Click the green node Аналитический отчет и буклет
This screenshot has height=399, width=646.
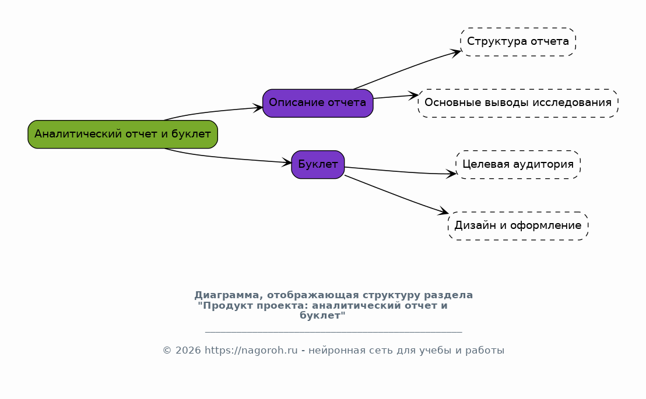click(122, 134)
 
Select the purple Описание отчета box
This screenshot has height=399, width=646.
click(318, 103)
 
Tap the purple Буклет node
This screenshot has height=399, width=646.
click(318, 165)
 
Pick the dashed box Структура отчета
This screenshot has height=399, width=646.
click(518, 42)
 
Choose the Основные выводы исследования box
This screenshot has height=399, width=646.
click(518, 103)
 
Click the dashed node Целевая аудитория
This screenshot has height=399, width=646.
click(518, 165)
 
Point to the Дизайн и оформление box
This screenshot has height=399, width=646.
click(518, 226)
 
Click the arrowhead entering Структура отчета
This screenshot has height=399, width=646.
click(456, 52)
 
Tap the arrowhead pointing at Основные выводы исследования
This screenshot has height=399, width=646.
click(413, 96)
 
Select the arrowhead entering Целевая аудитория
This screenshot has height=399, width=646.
click(451, 174)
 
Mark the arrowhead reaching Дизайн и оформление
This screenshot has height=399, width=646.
click(443, 211)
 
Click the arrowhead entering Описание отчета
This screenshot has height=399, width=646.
click(258, 108)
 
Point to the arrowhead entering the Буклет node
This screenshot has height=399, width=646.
click(286, 163)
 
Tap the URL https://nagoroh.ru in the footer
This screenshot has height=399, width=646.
click(251, 351)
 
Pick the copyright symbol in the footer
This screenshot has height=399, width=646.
click(167, 351)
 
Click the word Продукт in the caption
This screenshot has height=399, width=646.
click(226, 306)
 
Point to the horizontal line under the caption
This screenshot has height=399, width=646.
click(333, 331)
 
